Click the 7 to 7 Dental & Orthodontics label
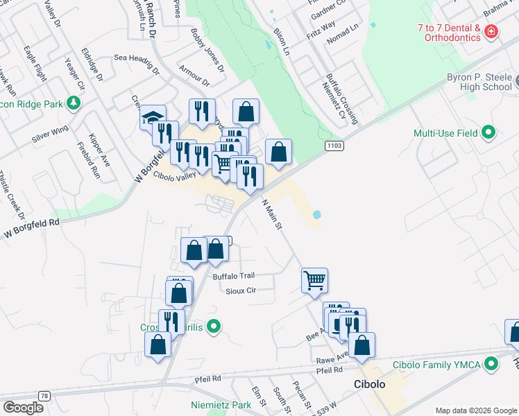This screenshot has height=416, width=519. click(x=449, y=33)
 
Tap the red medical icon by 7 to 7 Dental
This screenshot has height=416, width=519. click(x=491, y=31)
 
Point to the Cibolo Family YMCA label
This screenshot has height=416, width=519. click(x=444, y=363)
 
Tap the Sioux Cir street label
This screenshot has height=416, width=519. click(x=241, y=291)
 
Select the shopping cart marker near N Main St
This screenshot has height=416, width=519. click(x=314, y=279)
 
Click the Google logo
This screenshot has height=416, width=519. click(x=23, y=407)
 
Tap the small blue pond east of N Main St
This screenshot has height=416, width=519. click(x=317, y=215)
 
